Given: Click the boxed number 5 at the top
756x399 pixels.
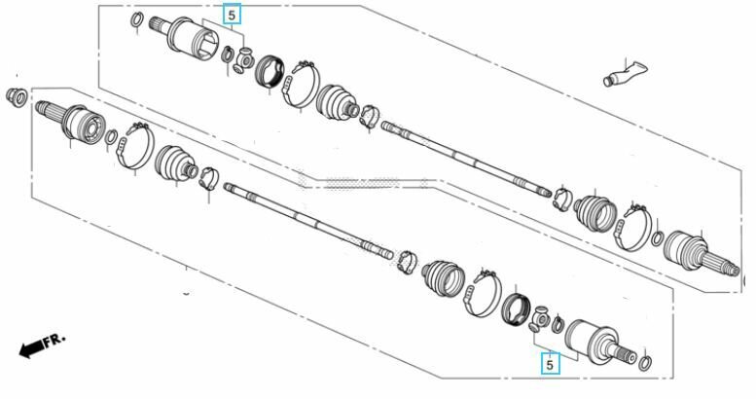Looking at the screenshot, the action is tap(232, 15).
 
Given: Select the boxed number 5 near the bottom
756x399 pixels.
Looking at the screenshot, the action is tap(550, 364).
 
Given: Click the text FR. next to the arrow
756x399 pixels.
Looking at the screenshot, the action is tap(54, 340).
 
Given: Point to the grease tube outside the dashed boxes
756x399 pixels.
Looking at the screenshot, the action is tap(625, 74).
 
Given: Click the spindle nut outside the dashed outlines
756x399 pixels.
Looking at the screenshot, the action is tap(16, 97).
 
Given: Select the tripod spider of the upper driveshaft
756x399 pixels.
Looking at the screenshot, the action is tap(244, 60).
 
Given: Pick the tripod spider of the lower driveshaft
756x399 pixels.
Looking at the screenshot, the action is tap(540, 318).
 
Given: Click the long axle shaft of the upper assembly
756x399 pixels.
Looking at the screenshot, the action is tap(467, 160).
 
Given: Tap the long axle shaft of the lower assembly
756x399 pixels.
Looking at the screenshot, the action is tap(309, 221).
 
